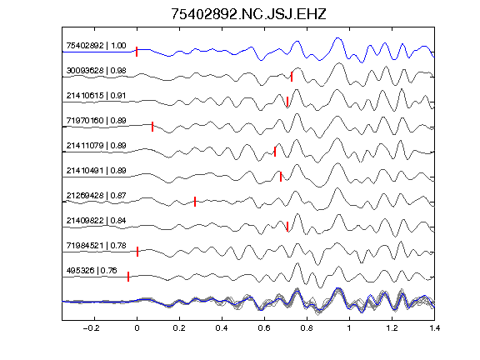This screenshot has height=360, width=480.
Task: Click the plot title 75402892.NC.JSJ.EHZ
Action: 248,14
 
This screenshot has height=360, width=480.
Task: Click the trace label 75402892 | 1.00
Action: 96,46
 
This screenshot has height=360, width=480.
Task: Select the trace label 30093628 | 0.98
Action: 96,71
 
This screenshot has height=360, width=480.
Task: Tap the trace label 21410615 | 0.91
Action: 96,96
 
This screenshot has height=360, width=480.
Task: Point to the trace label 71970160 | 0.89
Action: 96,121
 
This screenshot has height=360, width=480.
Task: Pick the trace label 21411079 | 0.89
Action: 96,146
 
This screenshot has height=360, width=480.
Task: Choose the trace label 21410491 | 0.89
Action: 96,171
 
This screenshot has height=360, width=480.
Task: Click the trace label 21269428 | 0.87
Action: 96,196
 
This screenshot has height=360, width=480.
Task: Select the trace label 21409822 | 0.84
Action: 96,221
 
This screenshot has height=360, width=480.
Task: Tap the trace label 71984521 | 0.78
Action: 96,246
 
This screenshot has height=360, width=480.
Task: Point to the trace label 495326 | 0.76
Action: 92,271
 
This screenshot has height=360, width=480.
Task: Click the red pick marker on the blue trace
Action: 137,52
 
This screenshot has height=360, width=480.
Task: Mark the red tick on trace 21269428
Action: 195,202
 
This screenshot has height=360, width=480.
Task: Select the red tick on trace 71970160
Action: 152,127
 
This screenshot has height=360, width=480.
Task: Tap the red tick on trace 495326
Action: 128,277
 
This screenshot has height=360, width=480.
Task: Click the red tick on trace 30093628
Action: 292,77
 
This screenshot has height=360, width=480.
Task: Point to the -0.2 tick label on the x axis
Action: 91,328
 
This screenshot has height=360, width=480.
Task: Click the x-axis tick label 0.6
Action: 264,328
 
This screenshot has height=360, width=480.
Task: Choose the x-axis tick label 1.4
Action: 434,328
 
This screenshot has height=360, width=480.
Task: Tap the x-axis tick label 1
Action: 349,328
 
